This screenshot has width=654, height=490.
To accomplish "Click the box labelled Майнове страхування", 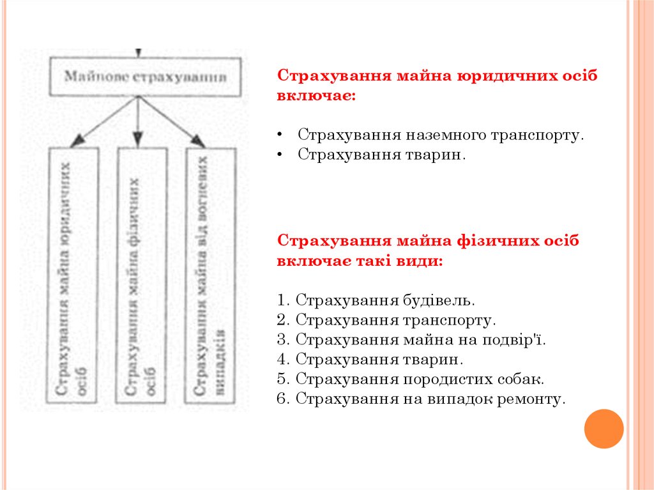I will tap(146, 77).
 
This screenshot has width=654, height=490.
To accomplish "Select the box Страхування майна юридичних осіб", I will tap(75, 275).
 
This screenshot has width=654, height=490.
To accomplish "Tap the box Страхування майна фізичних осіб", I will tap(141, 275).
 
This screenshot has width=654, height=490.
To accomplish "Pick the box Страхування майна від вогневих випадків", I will tap(210, 275).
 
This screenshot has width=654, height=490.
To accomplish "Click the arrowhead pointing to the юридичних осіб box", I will tap(77, 141).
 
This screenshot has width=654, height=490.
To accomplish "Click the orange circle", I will tap(604, 429).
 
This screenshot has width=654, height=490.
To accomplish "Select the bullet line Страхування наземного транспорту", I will tap(441, 135).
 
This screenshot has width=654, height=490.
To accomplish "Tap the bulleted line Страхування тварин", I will tap(382, 155).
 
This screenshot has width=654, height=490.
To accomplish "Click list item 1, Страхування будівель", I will tap(377, 300).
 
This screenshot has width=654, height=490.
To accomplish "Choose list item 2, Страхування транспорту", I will tap(387, 319).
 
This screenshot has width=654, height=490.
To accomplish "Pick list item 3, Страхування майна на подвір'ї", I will tap(413, 339).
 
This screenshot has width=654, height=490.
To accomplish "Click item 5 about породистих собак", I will tap(411, 379).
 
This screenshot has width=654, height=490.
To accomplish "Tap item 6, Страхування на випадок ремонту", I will tap(422, 399).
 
